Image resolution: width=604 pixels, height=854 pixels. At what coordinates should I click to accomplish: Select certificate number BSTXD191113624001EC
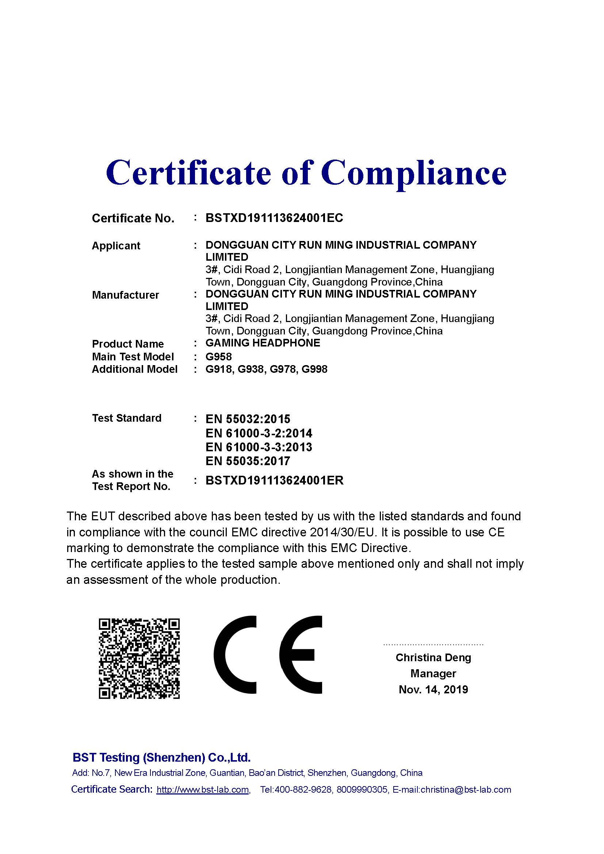click(274, 218)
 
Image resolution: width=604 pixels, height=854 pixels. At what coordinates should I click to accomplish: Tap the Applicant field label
click(116, 246)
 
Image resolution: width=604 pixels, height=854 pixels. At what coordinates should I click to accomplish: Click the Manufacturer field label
click(125, 295)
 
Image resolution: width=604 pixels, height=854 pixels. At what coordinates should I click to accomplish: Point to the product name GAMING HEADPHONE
click(263, 343)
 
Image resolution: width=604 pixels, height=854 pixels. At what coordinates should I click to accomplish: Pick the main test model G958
click(218, 357)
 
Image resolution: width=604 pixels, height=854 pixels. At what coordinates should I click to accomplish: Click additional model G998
click(314, 369)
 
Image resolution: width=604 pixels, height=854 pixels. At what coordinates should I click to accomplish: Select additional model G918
click(219, 369)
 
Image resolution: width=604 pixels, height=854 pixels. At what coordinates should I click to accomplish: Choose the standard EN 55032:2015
click(248, 419)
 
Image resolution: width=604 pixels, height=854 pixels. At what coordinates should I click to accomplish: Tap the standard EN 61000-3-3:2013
click(259, 447)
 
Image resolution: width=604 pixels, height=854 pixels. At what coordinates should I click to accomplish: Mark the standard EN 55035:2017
click(248, 461)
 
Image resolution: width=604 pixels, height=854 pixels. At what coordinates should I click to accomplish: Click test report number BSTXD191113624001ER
click(275, 480)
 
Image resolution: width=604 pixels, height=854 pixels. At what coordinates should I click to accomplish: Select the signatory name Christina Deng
click(433, 658)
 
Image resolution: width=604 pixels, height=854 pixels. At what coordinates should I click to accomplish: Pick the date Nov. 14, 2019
click(433, 690)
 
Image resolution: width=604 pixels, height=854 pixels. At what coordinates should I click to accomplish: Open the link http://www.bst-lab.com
click(203, 790)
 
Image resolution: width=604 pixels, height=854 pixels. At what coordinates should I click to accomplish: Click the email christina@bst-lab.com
click(466, 790)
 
